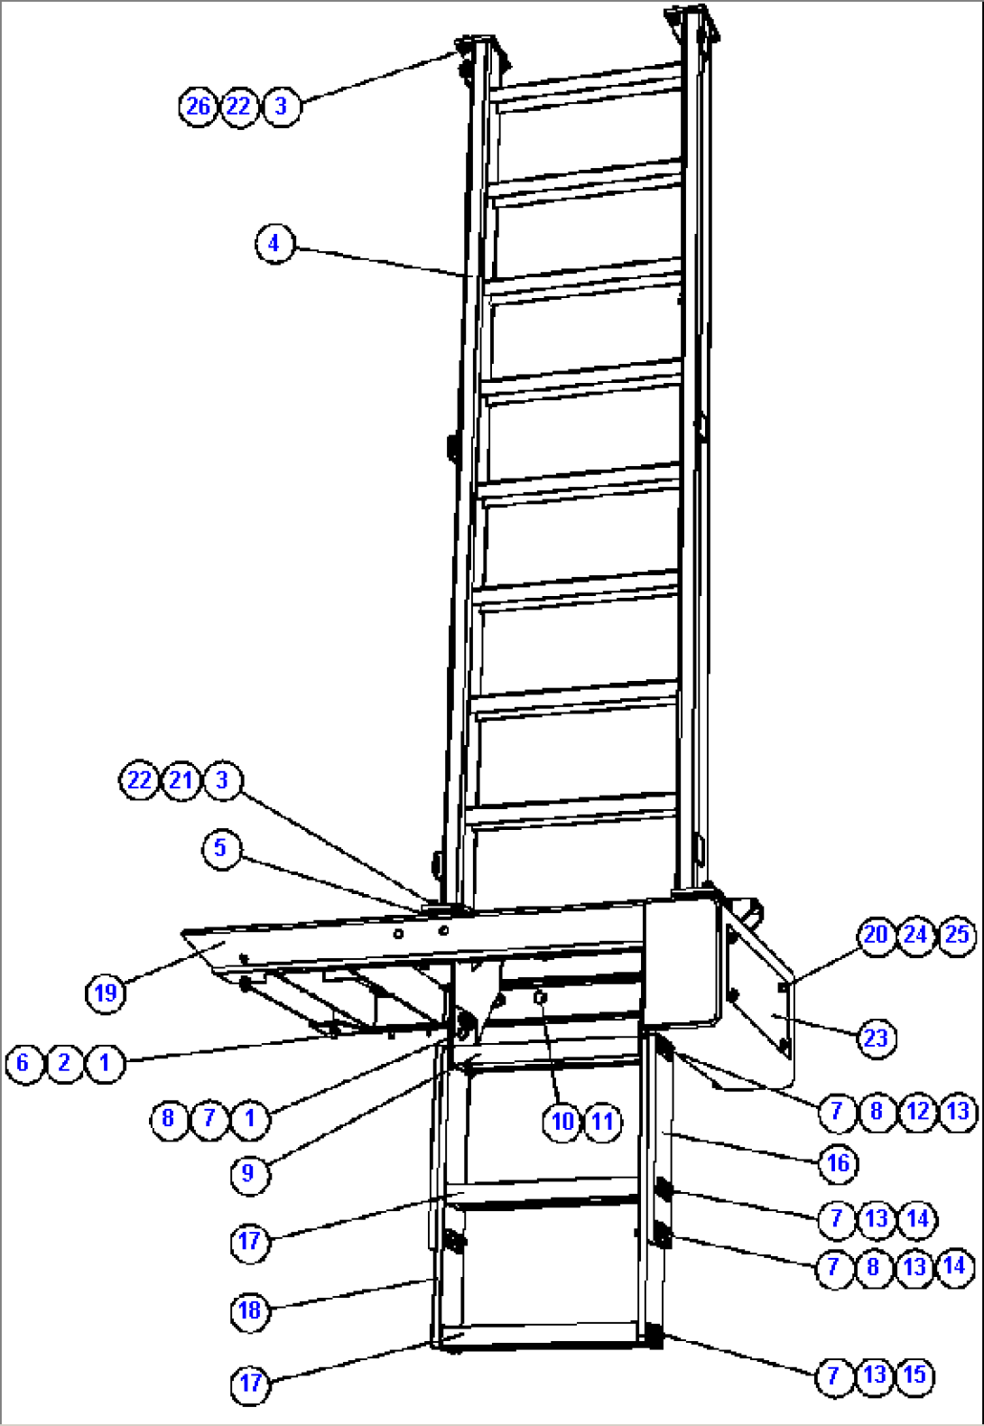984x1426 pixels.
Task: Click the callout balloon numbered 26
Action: [x=198, y=107]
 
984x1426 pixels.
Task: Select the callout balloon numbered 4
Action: [x=274, y=244]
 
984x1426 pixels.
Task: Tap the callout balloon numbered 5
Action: [x=221, y=849]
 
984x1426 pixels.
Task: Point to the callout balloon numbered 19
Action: [x=106, y=993]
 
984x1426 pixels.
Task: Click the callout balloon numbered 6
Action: [x=23, y=1063]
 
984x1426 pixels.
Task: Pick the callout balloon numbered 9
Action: [x=249, y=1174]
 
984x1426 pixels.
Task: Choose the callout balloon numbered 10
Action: [x=562, y=1122]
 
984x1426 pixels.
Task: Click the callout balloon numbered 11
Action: [x=602, y=1122]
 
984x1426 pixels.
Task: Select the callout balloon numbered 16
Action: [x=838, y=1163]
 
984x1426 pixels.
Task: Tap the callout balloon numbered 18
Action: [x=249, y=1310]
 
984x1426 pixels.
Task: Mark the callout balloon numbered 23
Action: [x=876, y=1039]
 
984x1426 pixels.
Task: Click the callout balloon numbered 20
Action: [x=876, y=935]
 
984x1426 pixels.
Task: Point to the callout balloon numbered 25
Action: [x=957, y=935]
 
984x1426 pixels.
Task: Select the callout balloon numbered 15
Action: [x=915, y=1375]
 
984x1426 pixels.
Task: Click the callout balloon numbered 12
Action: [x=917, y=1112]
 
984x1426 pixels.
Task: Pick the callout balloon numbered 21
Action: [x=181, y=780]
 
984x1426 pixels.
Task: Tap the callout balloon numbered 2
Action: [x=64, y=1063]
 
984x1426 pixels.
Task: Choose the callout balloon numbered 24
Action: [x=916, y=935]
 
